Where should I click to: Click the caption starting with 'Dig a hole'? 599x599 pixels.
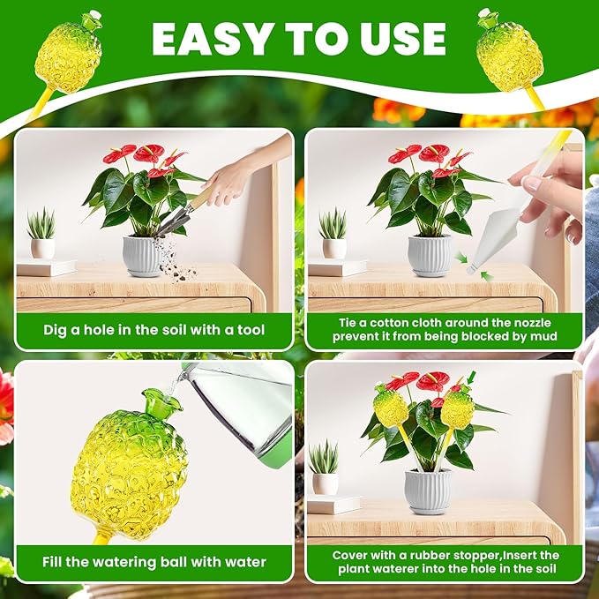(154, 331)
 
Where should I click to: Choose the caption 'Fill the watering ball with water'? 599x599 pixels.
(154, 561)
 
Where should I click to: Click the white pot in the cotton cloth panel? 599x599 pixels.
(430, 256)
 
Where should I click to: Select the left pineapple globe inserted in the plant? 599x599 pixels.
(390, 407)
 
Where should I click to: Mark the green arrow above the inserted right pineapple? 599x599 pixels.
(470, 377)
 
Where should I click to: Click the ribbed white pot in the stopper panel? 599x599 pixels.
(428, 491)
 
